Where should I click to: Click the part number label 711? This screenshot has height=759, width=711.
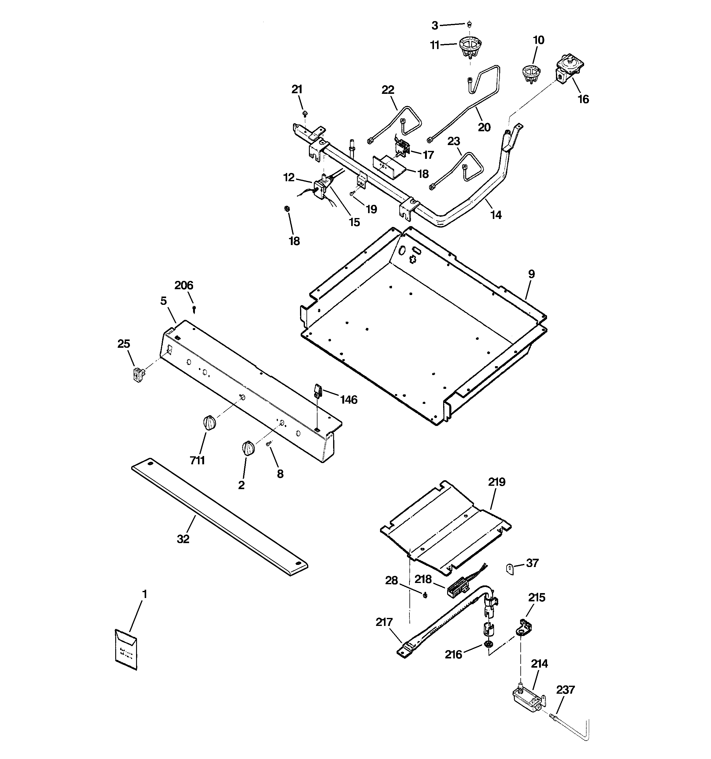tap(197, 460)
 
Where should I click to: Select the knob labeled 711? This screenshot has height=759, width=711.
tap(209, 423)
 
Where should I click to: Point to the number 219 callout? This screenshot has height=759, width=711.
tap(496, 482)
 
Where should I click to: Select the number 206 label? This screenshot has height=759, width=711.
tap(184, 285)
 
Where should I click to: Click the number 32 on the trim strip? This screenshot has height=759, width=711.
tap(183, 539)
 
